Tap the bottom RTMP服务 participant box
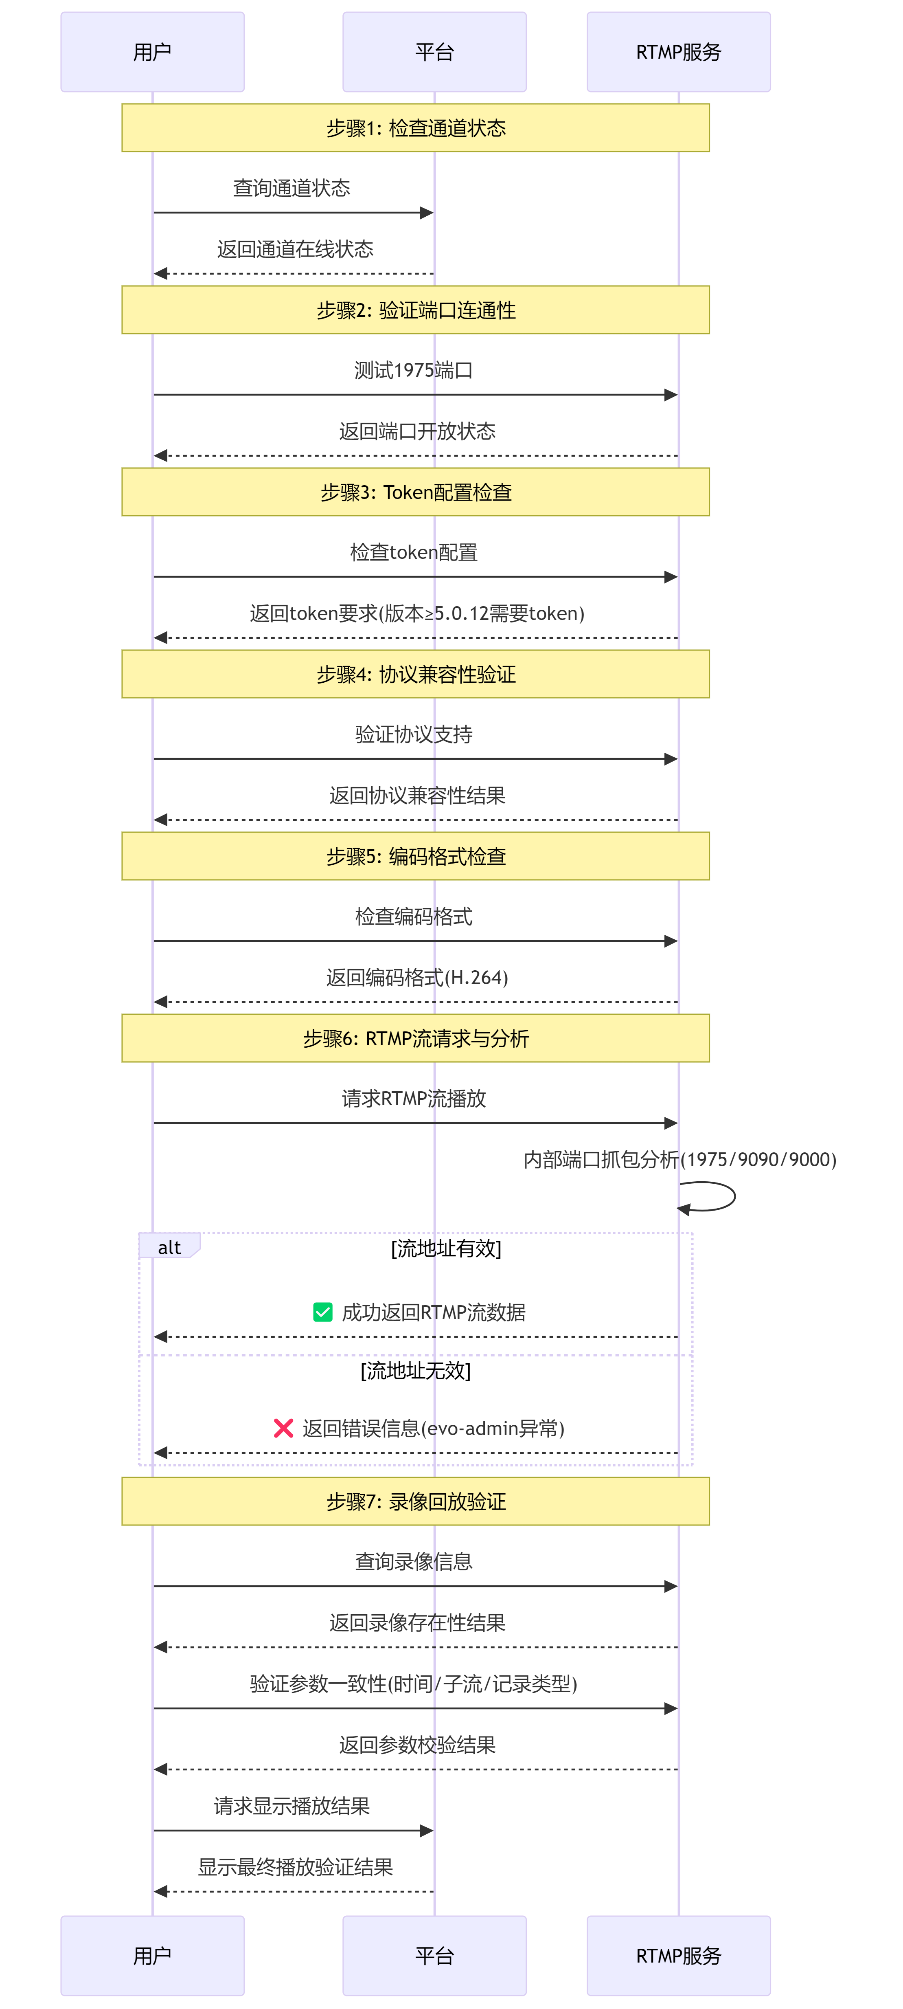click(x=678, y=1955)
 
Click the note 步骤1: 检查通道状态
click(x=416, y=128)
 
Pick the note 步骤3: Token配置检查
click(x=416, y=492)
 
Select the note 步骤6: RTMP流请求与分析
click(x=416, y=1038)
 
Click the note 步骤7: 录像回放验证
click(x=416, y=1501)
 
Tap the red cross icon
click(x=283, y=1428)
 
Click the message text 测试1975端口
click(x=413, y=370)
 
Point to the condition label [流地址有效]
click(x=446, y=1248)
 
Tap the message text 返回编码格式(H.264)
click(x=417, y=977)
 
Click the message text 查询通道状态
click(x=292, y=188)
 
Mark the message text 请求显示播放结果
click(x=292, y=1806)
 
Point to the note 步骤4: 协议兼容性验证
click(x=416, y=674)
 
